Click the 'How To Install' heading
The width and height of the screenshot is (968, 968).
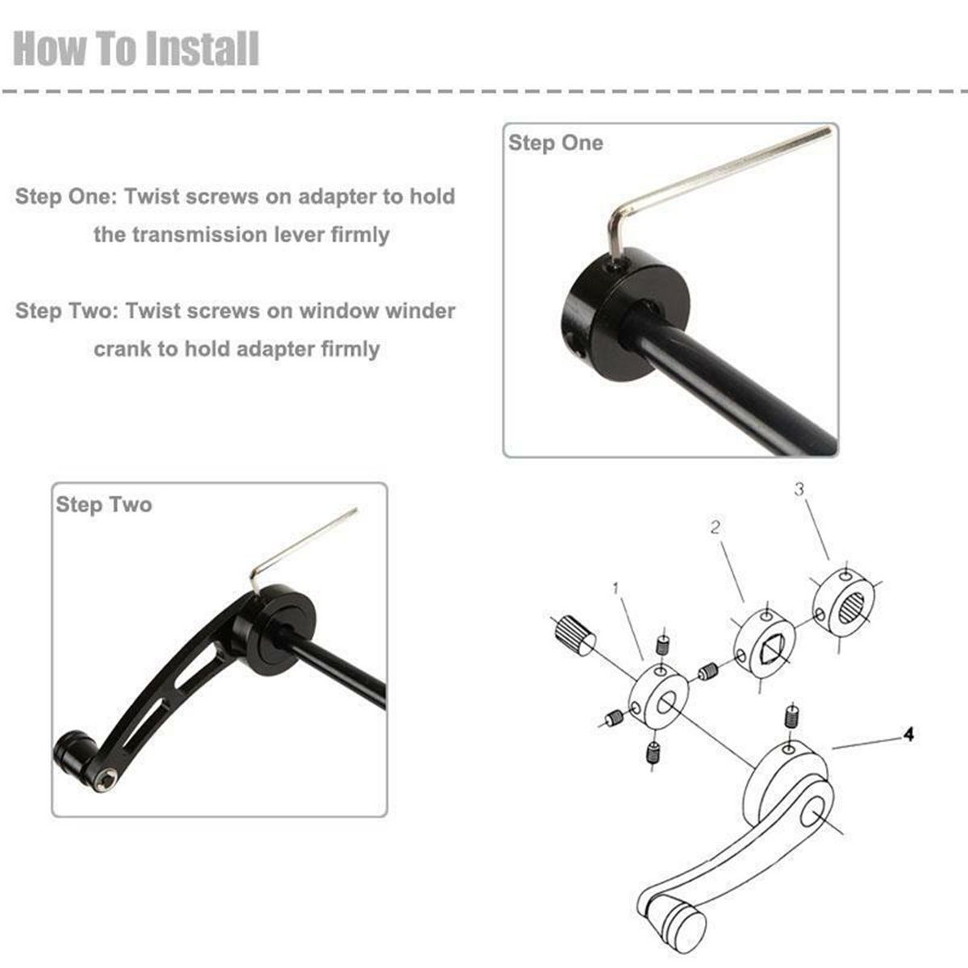[x=136, y=48]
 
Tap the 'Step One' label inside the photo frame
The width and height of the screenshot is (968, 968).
[x=556, y=143]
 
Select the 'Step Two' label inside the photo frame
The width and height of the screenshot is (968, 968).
[x=104, y=505]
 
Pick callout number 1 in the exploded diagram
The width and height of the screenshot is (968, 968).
[x=615, y=588]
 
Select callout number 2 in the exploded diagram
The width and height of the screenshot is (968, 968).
[x=716, y=527]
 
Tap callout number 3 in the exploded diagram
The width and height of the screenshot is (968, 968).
[x=799, y=489]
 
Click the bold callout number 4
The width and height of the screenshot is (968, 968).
[x=908, y=735]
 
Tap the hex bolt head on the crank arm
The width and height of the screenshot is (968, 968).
[x=107, y=781]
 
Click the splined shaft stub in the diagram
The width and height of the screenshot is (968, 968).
[x=574, y=636]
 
